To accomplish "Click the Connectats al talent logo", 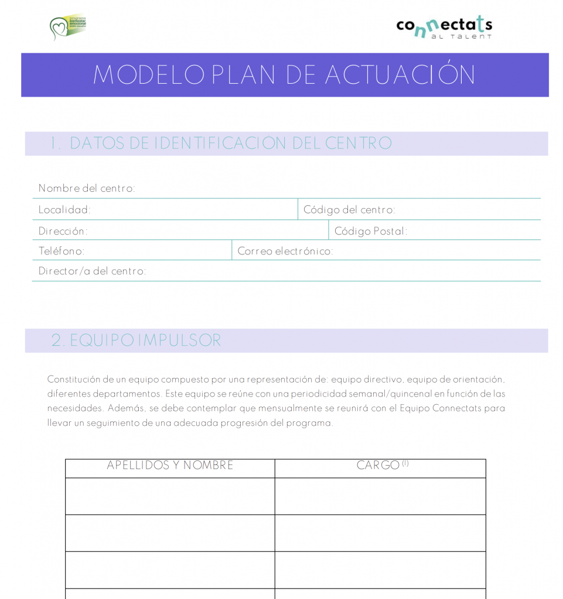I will click(443, 27).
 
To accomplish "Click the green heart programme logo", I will click(67, 27).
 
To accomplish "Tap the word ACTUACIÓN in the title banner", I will click(400, 75).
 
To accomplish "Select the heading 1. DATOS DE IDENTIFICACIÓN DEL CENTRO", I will click(221, 143).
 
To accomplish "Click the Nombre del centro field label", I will click(87, 188).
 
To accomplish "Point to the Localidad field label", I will click(64, 209).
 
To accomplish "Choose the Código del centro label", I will click(349, 209).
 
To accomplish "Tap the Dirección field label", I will click(63, 231).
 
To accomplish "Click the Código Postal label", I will click(370, 231).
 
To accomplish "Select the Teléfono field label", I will click(62, 251).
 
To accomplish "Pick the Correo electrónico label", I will click(285, 251).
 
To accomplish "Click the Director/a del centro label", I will click(92, 271).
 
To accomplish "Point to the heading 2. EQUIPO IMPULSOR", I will click(136, 340).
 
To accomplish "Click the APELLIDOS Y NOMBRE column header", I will click(170, 466).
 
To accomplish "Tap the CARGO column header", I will click(378, 466).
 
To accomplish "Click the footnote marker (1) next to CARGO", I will click(405, 463).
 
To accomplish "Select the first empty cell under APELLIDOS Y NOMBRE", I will click(170, 496).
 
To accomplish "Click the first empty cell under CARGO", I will click(380, 496).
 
